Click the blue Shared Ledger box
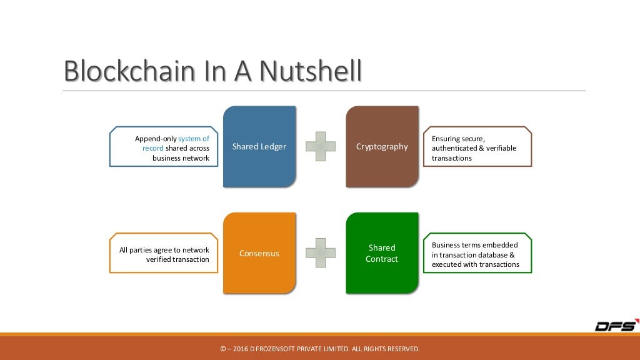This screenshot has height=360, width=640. pyautogui.click(x=259, y=147)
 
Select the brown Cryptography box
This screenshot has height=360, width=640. pyautogui.click(x=382, y=147)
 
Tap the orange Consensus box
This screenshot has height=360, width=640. pyautogui.click(x=259, y=254)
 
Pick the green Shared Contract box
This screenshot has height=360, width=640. pyautogui.click(x=382, y=253)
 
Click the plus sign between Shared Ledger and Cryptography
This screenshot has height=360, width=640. pyautogui.click(x=321, y=147)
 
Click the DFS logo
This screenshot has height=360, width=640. pyautogui.click(x=616, y=326)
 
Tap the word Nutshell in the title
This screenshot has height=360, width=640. pyautogui.click(x=311, y=71)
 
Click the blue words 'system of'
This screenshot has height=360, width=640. pyautogui.click(x=194, y=139)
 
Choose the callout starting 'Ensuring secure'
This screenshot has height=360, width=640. pyautogui.click(x=477, y=148)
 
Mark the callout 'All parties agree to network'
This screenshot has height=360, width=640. pyautogui.click(x=164, y=254)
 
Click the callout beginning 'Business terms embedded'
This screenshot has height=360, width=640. pyautogui.click(x=477, y=254)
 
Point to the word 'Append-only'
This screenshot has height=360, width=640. pyautogui.click(x=156, y=139)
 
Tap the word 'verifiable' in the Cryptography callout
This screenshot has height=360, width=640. pyautogui.click(x=500, y=148)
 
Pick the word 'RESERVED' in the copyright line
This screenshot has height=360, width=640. pyautogui.click(x=403, y=349)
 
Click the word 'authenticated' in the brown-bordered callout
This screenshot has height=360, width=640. pyautogui.click(x=457, y=148)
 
